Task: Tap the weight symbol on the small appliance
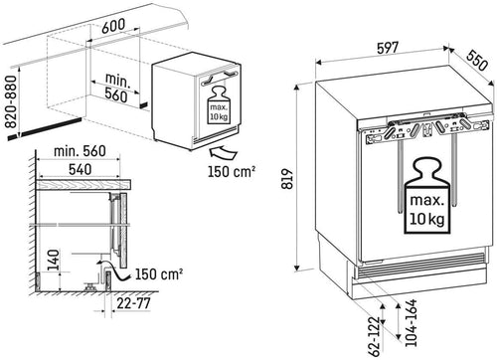219,104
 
